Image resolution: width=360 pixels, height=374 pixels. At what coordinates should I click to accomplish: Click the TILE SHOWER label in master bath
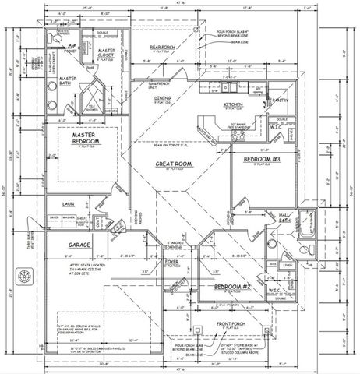(92, 107)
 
